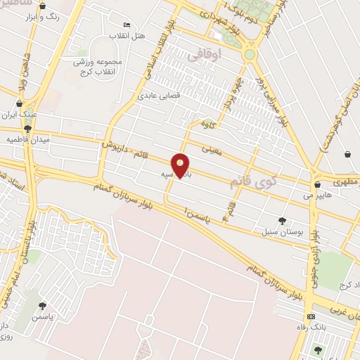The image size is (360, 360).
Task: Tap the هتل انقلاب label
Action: (128, 35)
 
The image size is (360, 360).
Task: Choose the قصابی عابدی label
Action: (156, 94)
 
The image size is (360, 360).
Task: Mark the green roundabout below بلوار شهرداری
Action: (250, 54)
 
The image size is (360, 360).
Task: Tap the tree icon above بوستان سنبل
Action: (283, 220)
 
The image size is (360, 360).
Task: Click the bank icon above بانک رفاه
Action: (310, 316)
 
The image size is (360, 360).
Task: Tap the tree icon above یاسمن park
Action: (42, 306)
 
